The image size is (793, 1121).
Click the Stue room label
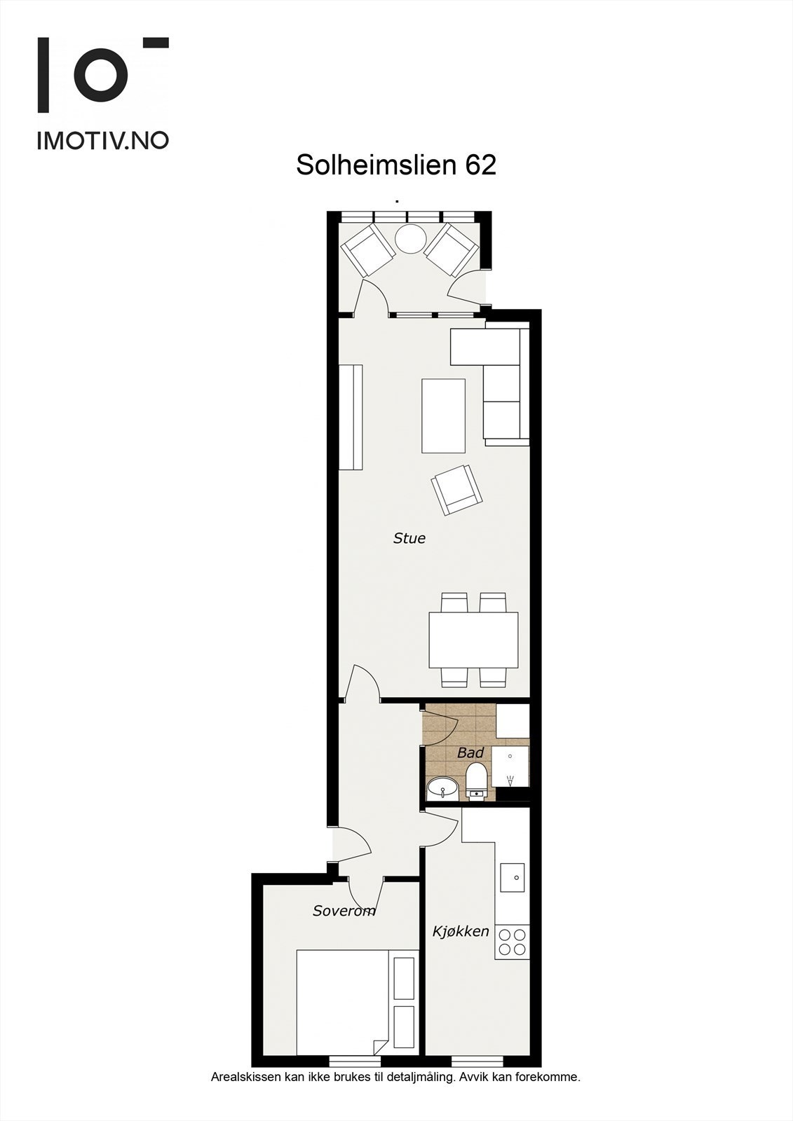point(409,538)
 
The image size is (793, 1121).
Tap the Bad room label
point(470,753)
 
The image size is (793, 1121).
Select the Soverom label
point(344,911)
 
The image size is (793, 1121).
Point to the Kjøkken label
point(461,931)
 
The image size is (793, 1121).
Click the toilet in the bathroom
point(477,782)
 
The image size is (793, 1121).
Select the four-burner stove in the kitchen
point(512,942)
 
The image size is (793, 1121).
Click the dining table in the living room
point(473,640)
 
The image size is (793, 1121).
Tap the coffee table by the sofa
point(443,415)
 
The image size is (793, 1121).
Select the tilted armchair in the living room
point(457,490)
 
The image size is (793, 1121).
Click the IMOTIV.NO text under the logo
point(102,140)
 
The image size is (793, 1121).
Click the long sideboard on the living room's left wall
point(351,417)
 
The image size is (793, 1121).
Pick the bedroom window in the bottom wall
point(351,1061)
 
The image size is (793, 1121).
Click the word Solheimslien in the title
point(377,165)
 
